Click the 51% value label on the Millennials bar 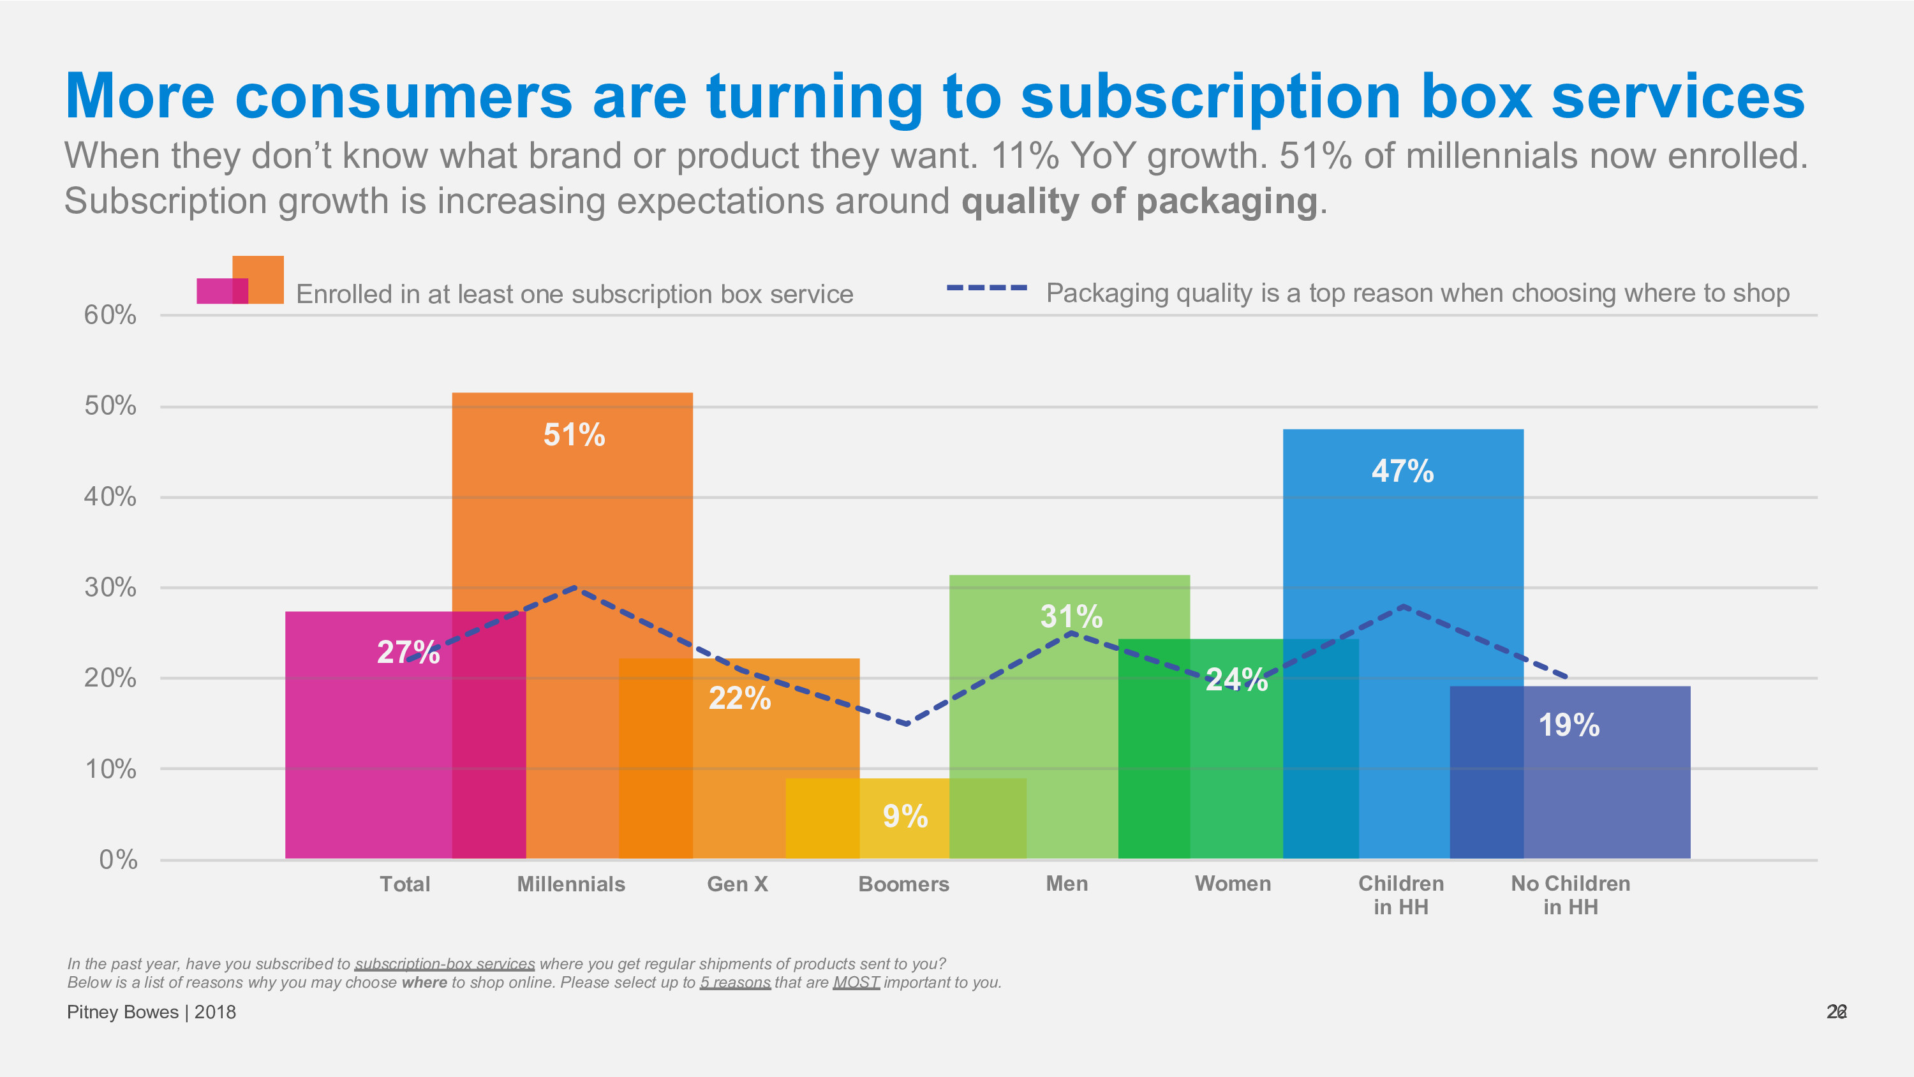point(574,435)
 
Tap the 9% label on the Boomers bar point(905,816)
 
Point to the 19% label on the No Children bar point(1568,725)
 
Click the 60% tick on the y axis point(110,315)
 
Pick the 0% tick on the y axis point(118,860)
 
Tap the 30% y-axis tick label point(110,588)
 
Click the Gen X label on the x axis point(737,884)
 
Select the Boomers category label point(903,884)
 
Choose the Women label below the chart point(1233,884)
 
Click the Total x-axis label point(405,884)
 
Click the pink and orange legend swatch point(240,281)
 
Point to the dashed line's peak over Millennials point(575,588)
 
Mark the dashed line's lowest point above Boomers point(907,723)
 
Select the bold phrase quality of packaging point(1139,202)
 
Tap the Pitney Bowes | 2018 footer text point(152,1013)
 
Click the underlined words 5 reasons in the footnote point(735,983)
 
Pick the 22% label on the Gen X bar point(739,698)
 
